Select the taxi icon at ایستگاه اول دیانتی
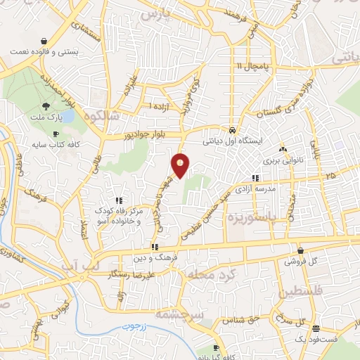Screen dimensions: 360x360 [232, 130]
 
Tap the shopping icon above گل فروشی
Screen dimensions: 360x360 [300, 250]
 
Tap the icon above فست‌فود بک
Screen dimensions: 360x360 [316, 328]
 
